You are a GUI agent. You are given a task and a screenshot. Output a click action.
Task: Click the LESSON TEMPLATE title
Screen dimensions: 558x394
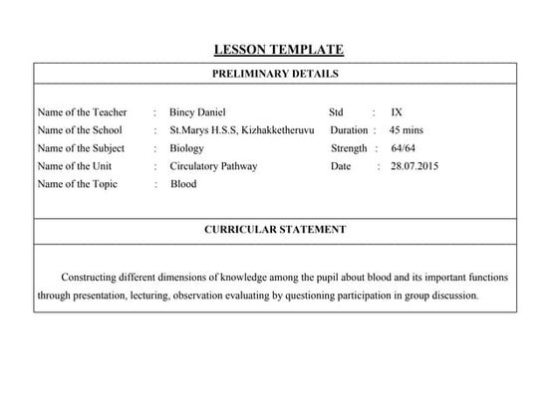[x=278, y=50]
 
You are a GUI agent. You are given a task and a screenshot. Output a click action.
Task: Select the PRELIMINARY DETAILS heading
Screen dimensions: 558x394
[x=275, y=74]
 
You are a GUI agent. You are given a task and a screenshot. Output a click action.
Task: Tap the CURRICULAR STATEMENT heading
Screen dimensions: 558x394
[x=275, y=229]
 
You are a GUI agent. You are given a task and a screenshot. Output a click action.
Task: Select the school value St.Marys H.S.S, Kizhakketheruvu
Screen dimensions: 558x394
[x=242, y=130]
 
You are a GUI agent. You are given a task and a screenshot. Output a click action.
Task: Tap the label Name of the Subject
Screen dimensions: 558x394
[x=79, y=148]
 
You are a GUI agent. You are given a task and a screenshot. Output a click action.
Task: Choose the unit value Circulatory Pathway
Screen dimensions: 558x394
[x=213, y=166]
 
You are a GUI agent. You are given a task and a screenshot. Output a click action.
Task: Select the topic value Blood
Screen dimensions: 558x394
[x=183, y=184]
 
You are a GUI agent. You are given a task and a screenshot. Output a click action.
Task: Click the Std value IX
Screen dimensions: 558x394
[x=397, y=112]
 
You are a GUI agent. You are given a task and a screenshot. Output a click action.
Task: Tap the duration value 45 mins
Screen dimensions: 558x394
[x=408, y=130]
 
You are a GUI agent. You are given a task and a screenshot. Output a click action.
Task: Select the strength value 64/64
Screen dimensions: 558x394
[x=404, y=148]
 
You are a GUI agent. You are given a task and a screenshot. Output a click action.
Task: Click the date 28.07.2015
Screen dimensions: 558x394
[x=415, y=166]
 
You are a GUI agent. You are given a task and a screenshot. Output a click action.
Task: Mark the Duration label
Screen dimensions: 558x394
[x=349, y=130]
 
